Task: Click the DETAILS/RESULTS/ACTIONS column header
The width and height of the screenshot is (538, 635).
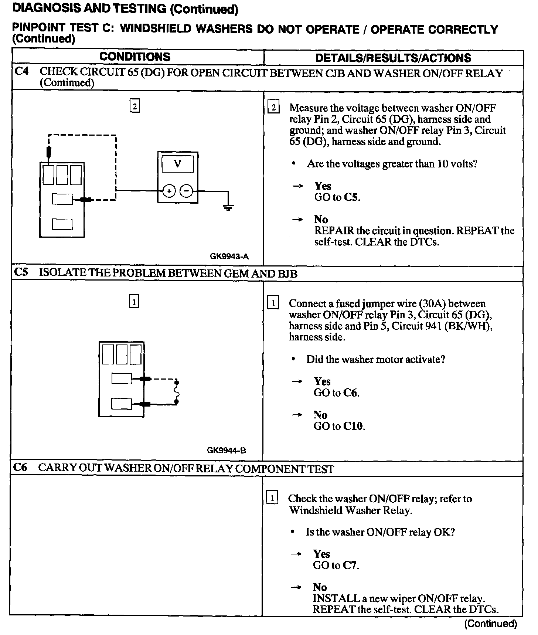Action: (x=393, y=58)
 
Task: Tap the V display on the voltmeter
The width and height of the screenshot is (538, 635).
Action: (x=178, y=164)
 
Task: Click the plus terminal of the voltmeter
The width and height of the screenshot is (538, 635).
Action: (x=169, y=191)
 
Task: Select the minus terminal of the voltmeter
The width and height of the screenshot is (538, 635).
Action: (x=187, y=191)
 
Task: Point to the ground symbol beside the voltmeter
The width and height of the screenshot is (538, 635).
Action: (x=228, y=207)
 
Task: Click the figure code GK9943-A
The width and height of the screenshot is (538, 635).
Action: (x=229, y=257)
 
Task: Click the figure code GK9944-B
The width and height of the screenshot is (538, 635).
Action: (x=226, y=450)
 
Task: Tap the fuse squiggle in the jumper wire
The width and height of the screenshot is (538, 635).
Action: (x=177, y=391)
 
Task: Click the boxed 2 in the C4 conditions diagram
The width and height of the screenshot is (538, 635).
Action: (x=134, y=106)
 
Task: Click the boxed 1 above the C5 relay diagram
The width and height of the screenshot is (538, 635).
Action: (x=134, y=302)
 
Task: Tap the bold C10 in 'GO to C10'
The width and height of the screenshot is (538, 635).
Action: (x=353, y=426)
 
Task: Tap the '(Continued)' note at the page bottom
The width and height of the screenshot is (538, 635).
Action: (x=490, y=624)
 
